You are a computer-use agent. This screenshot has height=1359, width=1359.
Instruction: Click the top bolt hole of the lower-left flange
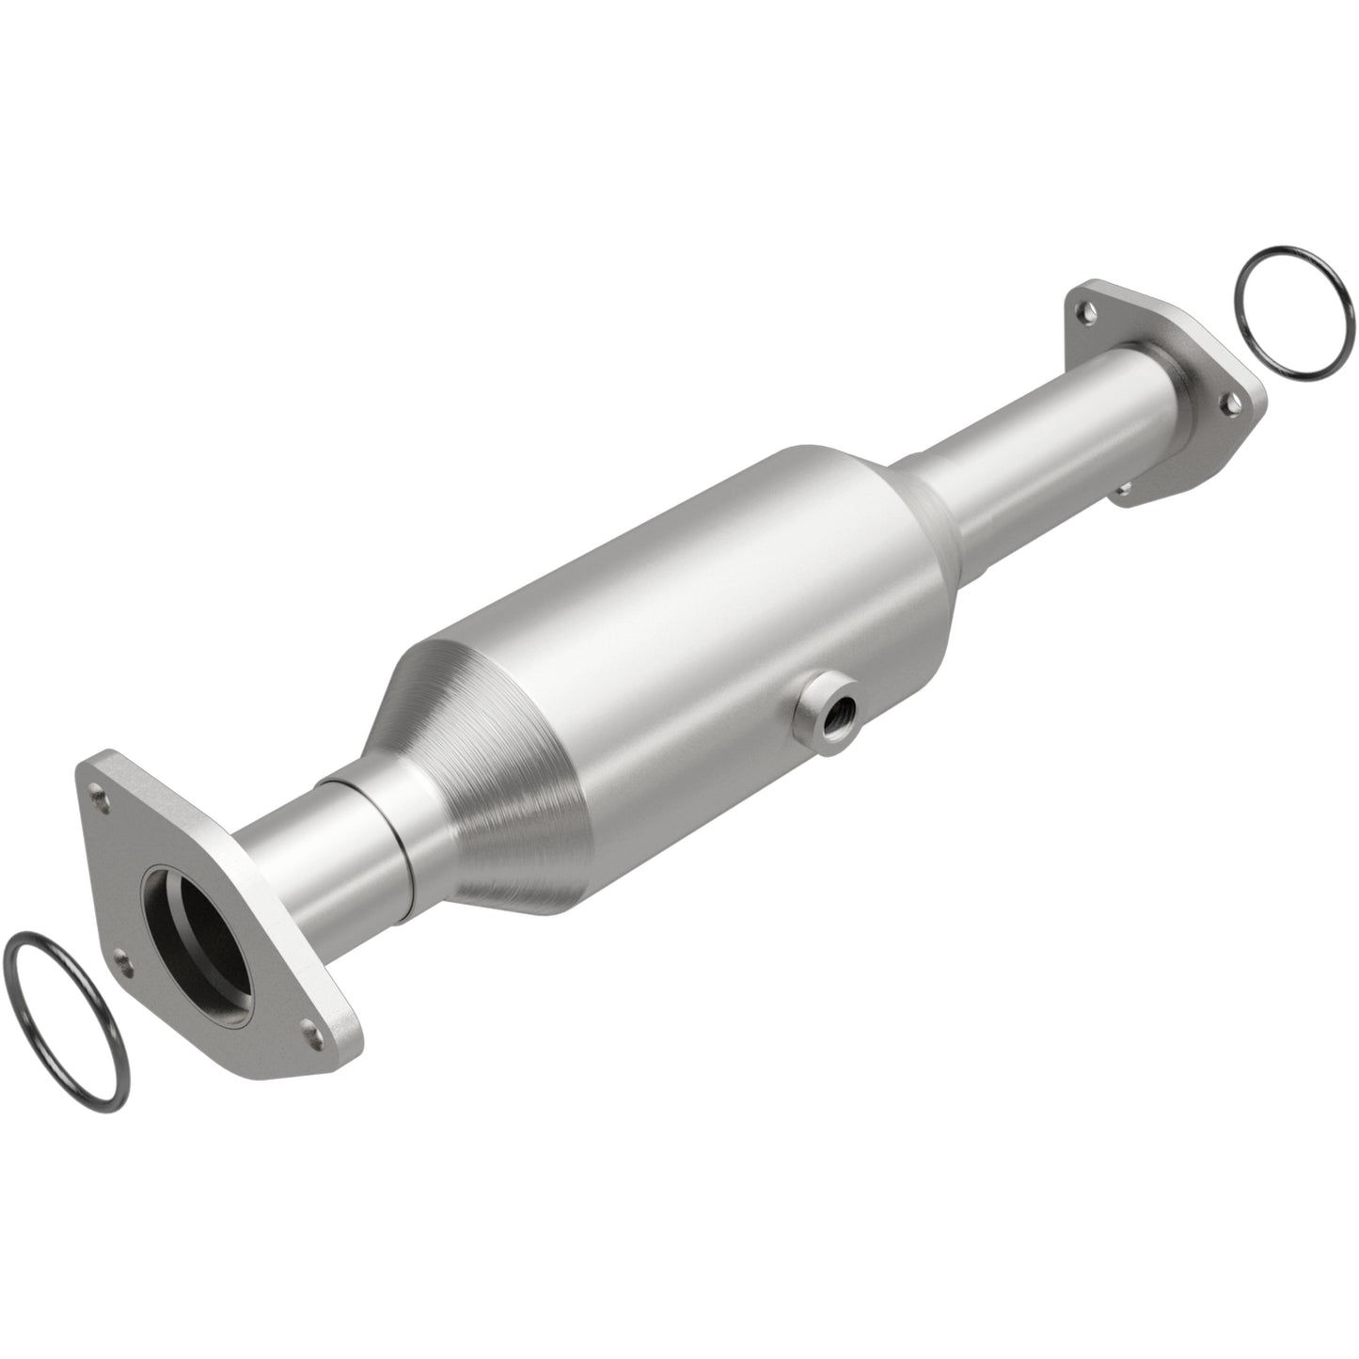[x=98, y=793]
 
